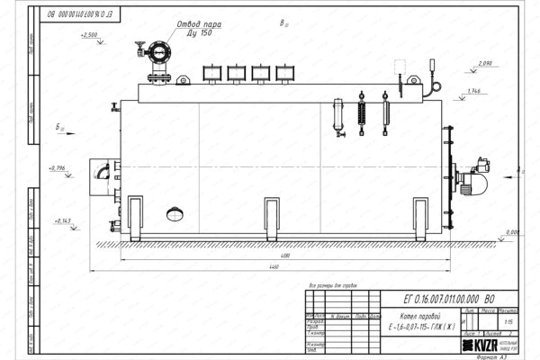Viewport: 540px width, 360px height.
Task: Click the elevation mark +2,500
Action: click(89, 34)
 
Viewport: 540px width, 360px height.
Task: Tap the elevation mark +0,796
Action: click(56, 167)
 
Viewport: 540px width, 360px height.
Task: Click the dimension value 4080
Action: click(284, 257)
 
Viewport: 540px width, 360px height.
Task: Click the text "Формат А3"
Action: click(497, 355)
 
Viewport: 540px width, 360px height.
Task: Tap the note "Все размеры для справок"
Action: click(332, 284)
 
